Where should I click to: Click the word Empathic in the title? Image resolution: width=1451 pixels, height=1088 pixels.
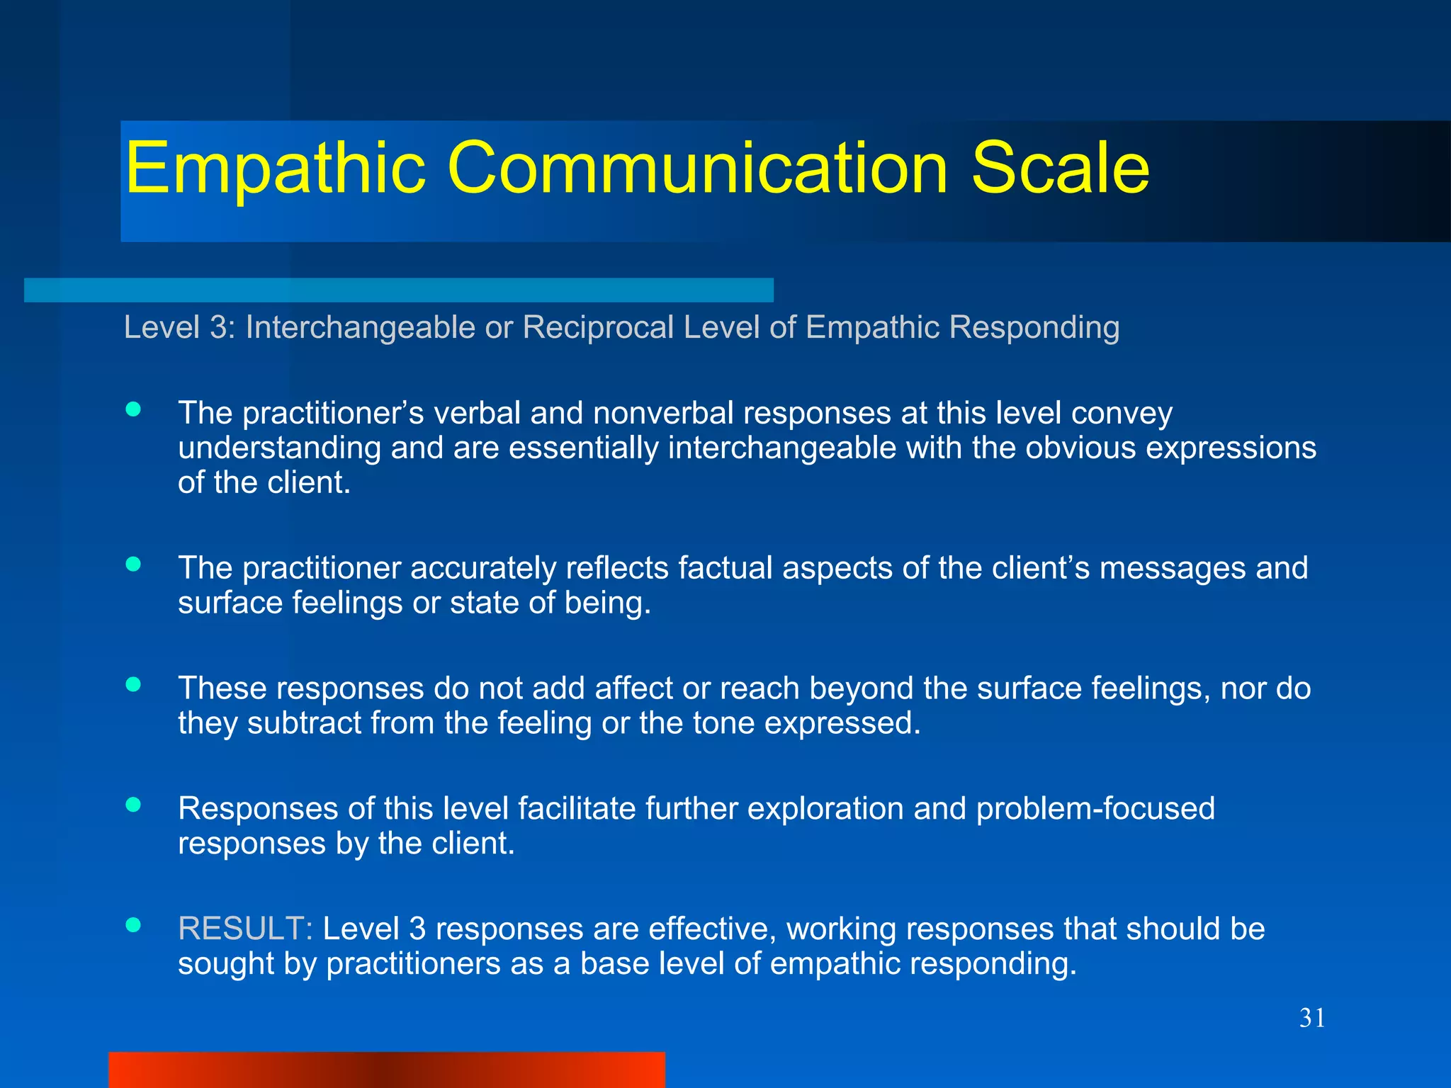pyautogui.click(x=275, y=169)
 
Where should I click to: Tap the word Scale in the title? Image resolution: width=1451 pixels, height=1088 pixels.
pyautogui.click(x=1060, y=169)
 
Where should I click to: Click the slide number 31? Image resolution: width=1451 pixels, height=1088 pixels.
pyautogui.click(x=1312, y=1018)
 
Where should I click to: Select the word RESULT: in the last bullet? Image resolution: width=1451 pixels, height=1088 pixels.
pyautogui.click(x=245, y=929)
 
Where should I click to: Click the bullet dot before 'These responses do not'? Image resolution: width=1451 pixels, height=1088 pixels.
pyautogui.click(x=132, y=684)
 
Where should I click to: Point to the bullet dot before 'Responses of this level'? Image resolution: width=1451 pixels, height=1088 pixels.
pyautogui.click(x=132, y=805)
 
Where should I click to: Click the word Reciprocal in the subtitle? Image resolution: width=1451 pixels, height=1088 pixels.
pyautogui.click(x=598, y=327)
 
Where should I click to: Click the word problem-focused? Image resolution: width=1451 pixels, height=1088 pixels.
pyautogui.click(x=1095, y=808)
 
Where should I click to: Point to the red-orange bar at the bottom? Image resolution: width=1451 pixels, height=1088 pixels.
pyautogui.click(x=386, y=1070)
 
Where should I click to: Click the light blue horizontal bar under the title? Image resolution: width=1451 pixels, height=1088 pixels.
pyautogui.click(x=398, y=290)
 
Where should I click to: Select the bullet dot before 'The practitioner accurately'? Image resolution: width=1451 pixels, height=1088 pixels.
pyautogui.click(x=132, y=564)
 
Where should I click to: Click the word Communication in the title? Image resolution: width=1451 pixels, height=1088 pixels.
pyautogui.click(x=697, y=169)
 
